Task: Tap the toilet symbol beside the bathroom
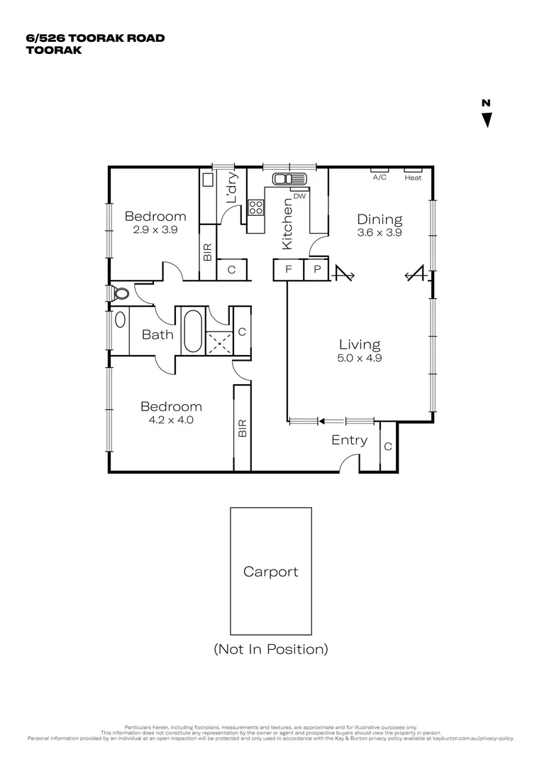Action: pos(120,293)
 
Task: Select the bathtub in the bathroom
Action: pos(192,330)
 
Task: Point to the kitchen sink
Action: pos(291,179)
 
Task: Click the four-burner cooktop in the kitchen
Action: pos(255,207)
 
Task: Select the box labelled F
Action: pos(288,270)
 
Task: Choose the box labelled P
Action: pos(317,270)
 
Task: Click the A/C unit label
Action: pos(380,178)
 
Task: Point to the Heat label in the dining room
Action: pos(413,178)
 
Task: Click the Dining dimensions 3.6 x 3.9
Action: pos(380,232)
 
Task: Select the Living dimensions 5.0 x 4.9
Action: pos(359,358)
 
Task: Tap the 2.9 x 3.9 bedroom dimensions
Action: pos(155,229)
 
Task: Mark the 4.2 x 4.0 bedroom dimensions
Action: pos(170,420)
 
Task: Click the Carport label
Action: pos(270,572)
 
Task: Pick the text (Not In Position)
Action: pos(270,648)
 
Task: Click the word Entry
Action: pos(350,440)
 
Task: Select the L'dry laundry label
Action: pos(231,190)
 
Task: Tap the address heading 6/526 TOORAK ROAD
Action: pos(95,38)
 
